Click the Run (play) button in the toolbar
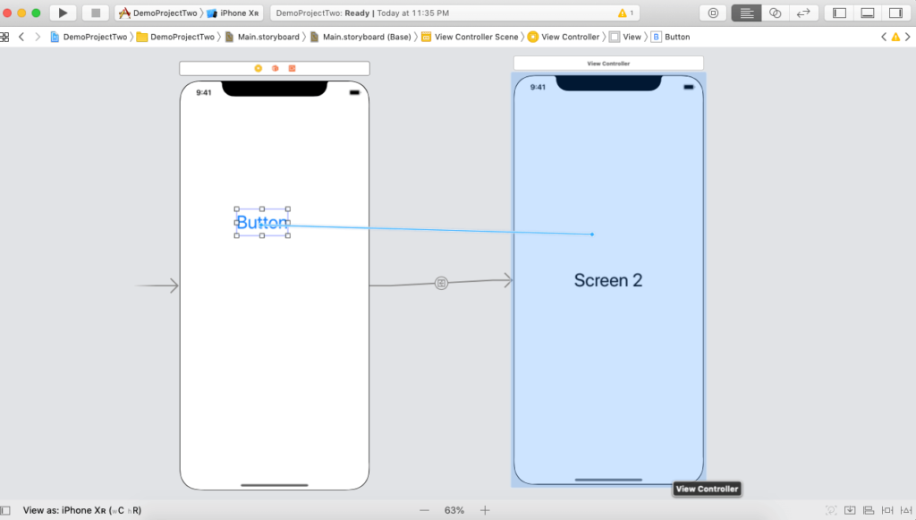(x=63, y=13)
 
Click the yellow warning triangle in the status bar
(x=623, y=13)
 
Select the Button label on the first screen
(x=262, y=223)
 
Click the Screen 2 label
(x=608, y=280)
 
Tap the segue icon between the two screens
(x=441, y=283)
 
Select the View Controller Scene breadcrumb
(x=476, y=37)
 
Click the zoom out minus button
(x=424, y=510)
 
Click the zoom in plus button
(x=485, y=510)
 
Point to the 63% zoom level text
(x=454, y=510)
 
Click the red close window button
(x=7, y=13)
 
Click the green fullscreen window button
(x=36, y=13)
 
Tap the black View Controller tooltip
(x=707, y=489)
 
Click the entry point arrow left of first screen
(x=157, y=286)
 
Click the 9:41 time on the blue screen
(x=538, y=87)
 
